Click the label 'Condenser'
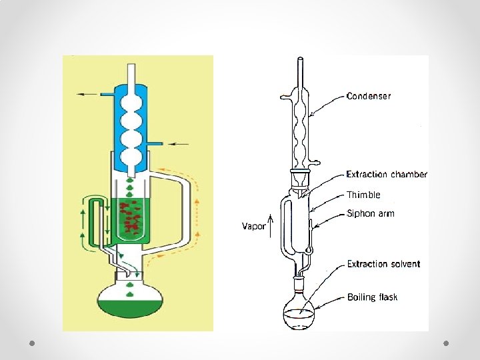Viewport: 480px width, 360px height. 369,96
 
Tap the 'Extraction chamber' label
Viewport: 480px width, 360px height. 387,174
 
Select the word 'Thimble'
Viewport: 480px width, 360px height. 363,195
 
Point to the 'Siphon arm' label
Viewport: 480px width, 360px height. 371,213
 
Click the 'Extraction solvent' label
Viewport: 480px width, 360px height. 383,264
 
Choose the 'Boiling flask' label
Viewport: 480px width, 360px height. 372,297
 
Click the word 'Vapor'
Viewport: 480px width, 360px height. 253,226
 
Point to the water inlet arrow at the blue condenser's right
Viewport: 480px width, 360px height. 179,143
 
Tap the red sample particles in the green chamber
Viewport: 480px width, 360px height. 131,216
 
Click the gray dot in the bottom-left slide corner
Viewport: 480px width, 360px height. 32,343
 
